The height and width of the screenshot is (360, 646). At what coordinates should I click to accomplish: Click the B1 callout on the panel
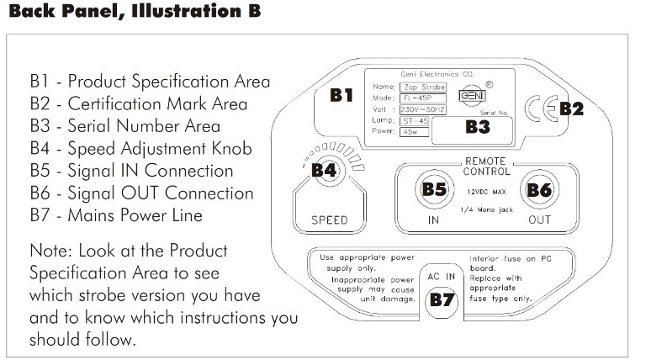point(341,94)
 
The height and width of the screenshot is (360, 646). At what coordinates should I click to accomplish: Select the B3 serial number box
point(477,128)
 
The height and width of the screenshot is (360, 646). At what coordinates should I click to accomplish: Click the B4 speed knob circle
point(325,172)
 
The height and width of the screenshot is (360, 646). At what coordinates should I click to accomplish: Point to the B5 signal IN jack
point(433,190)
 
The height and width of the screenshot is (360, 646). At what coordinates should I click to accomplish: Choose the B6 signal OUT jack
point(538,190)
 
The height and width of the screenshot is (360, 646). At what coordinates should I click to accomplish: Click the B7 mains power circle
point(442,299)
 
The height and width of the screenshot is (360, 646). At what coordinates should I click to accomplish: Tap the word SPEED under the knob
point(329,221)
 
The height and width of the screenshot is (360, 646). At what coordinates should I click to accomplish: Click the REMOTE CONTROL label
point(487,166)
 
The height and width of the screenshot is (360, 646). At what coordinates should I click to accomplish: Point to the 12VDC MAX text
point(486,191)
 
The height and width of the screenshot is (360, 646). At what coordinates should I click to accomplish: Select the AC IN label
point(442,276)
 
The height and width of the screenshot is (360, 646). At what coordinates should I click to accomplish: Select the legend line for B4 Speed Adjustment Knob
point(140,149)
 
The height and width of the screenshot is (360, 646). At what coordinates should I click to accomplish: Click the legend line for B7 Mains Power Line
point(116,215)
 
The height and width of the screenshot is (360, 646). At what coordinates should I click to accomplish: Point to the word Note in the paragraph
point(50,251)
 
